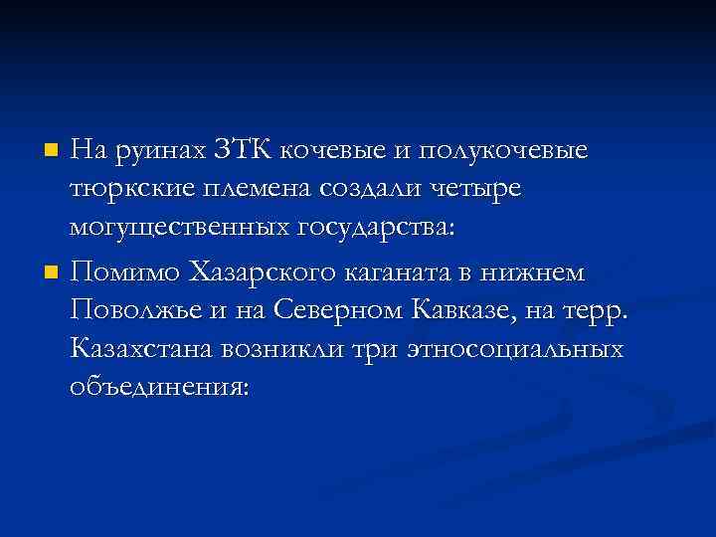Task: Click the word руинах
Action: click(x=158, y=152)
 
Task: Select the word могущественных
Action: click(x=178, y=227)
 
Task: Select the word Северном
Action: click(x=343, y=310)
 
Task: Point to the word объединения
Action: click(x=161, y=387)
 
